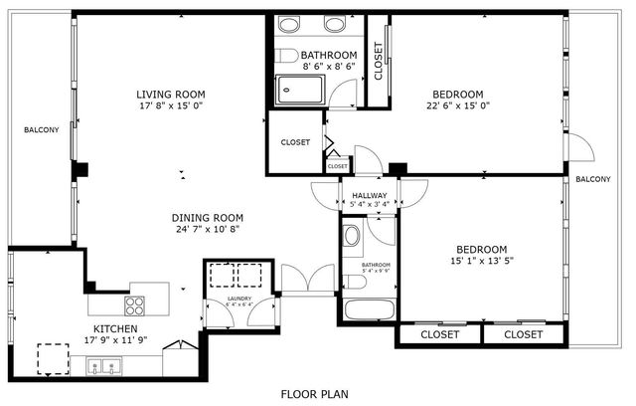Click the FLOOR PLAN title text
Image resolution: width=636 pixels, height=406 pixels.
pos(314,393)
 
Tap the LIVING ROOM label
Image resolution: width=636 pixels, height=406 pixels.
pos(178,96)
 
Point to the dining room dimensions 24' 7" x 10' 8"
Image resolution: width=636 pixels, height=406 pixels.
pos(207,230)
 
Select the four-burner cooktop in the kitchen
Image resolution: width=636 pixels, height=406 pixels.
pos(135,305)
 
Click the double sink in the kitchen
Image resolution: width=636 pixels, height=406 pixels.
pos(101,368)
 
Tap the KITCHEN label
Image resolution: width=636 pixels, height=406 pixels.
pos(115,328)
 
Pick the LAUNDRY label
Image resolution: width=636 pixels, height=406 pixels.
pos(238,299)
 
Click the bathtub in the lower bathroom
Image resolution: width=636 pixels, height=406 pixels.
pos(368,307)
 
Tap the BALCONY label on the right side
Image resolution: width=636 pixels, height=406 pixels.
pos(592,179)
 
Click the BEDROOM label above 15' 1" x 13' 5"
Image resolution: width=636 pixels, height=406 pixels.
pos(482,249)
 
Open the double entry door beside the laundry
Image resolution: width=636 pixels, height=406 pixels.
pos(308,280)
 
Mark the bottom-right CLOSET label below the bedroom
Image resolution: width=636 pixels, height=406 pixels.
pos(523,334)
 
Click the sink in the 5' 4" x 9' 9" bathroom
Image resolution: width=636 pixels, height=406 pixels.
pos(352,237)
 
